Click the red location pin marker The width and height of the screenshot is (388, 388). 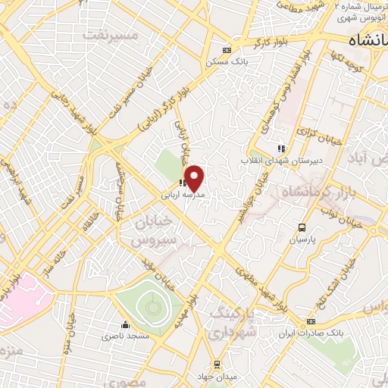point(195,178)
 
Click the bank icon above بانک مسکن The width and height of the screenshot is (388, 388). point(226,50)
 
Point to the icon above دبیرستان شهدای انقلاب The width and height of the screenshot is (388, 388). point(280,149)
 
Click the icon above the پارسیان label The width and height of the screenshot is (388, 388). point(302,227)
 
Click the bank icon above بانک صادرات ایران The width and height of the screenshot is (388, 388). point(311,322)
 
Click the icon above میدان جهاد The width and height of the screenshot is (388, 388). point(216,364)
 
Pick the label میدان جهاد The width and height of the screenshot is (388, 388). point(218,377)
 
